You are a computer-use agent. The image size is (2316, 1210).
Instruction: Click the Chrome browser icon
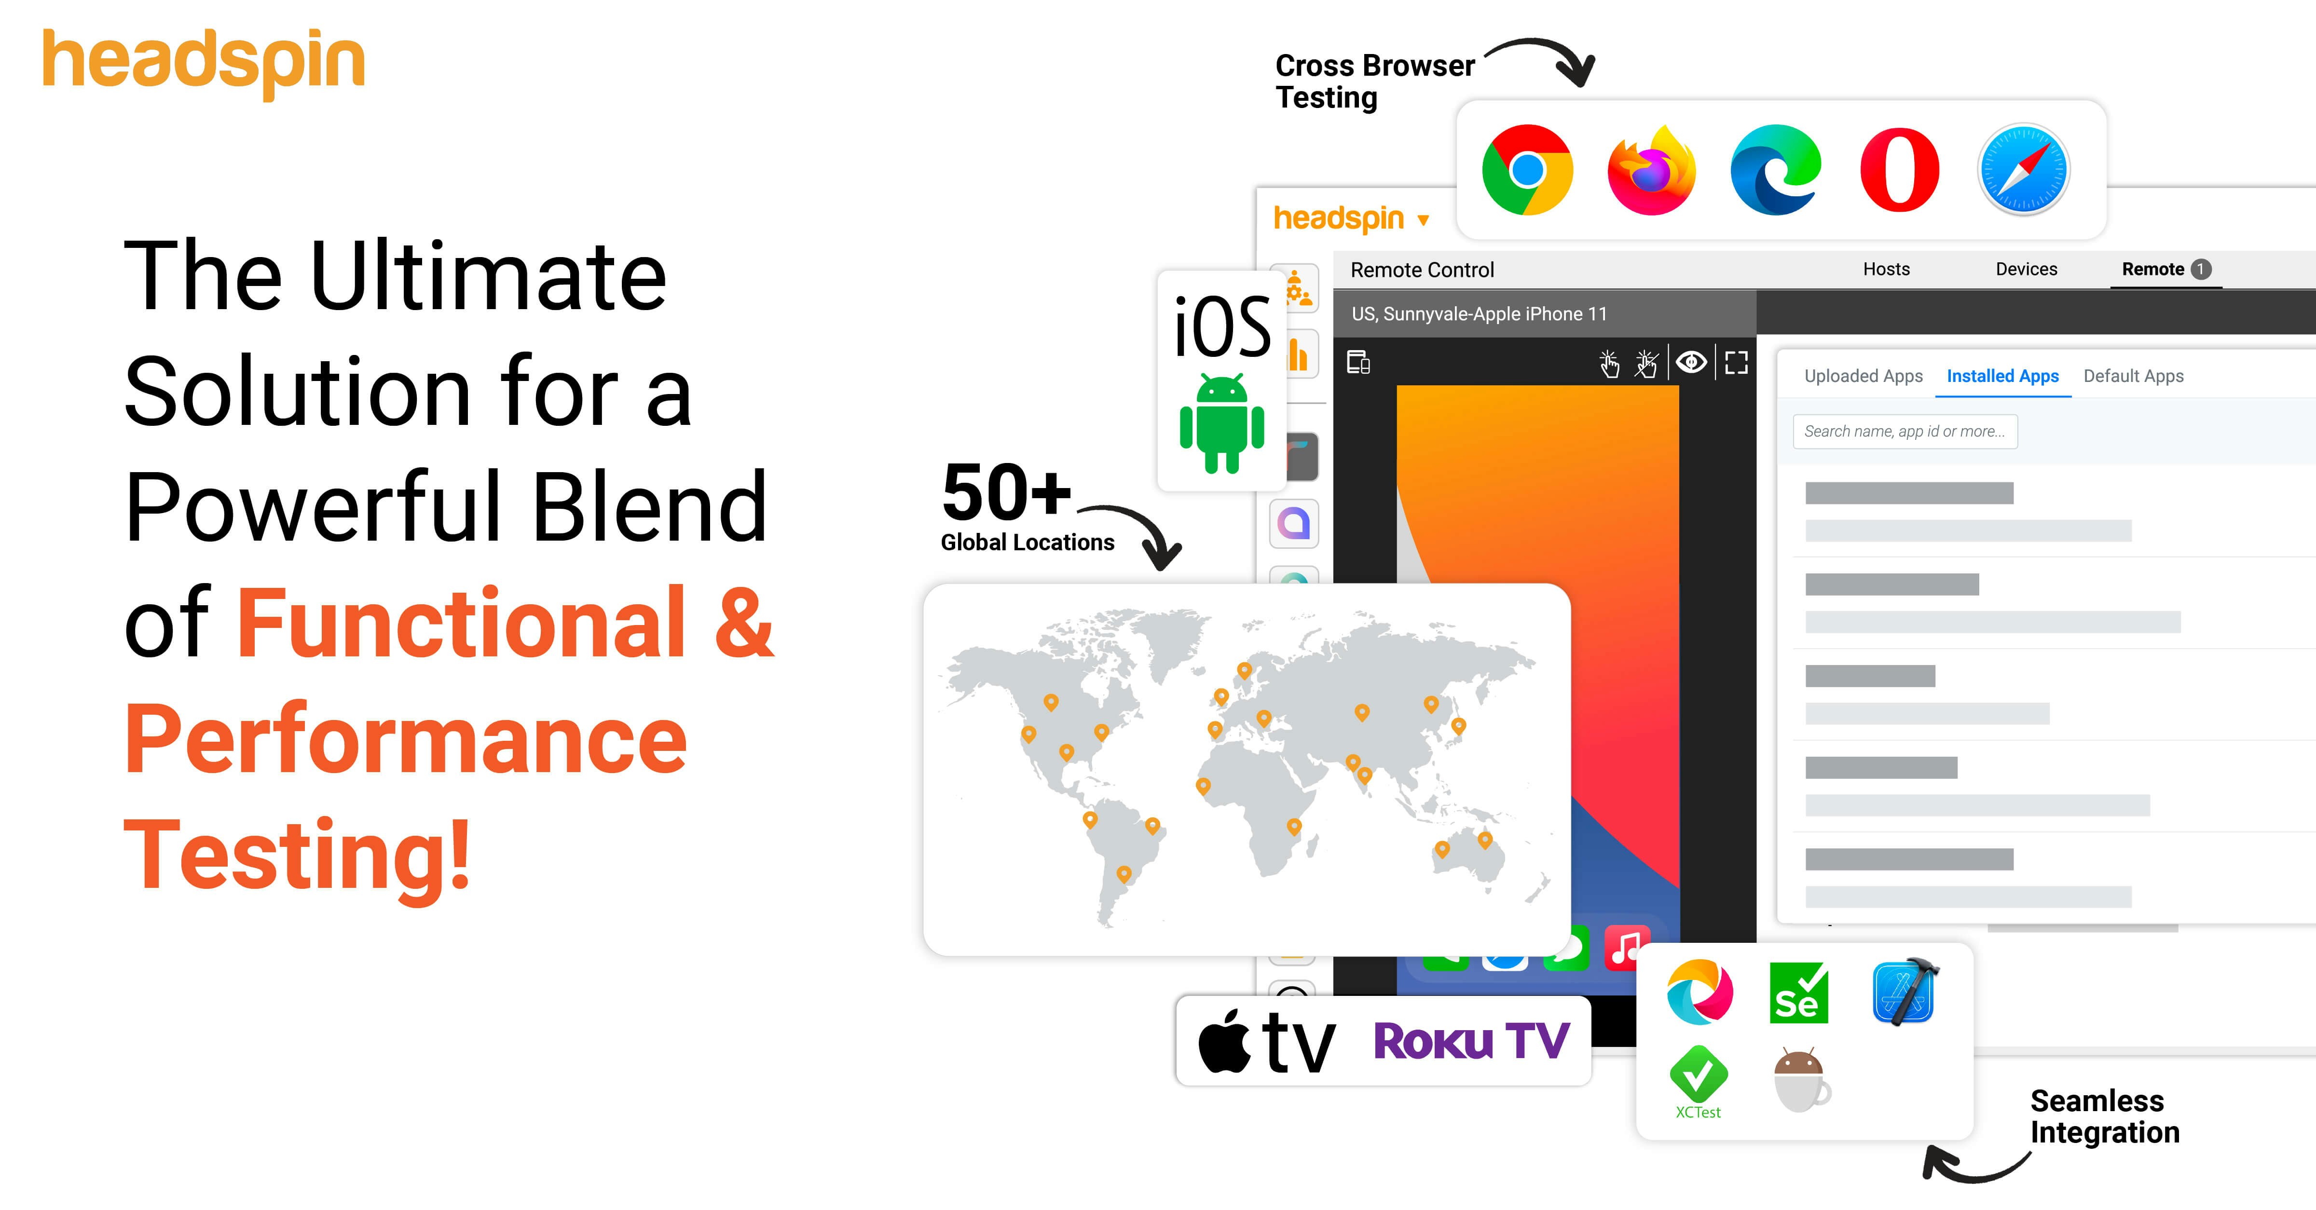(x=1527, y=170)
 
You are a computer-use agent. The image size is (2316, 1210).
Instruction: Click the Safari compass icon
(x=2024, y=170)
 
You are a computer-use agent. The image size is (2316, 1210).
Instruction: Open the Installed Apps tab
(x=2002, y=376)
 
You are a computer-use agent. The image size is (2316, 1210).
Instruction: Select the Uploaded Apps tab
(x=1863, y=376)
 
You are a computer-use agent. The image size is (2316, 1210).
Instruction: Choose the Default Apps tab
(x=2133, y=376)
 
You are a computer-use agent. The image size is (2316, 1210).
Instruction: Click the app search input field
(x=1904, y=432)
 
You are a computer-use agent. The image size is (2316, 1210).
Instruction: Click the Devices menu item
(x=2026, y=269)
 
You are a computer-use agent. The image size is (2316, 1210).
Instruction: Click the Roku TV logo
(x=1471, y=1041)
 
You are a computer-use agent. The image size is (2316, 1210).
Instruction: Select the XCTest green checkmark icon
(x=1698, y=1076)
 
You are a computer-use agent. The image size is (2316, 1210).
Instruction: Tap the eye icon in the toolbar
(x=1691, y=362)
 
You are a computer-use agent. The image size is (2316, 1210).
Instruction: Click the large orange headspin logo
(x=204, y=62)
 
